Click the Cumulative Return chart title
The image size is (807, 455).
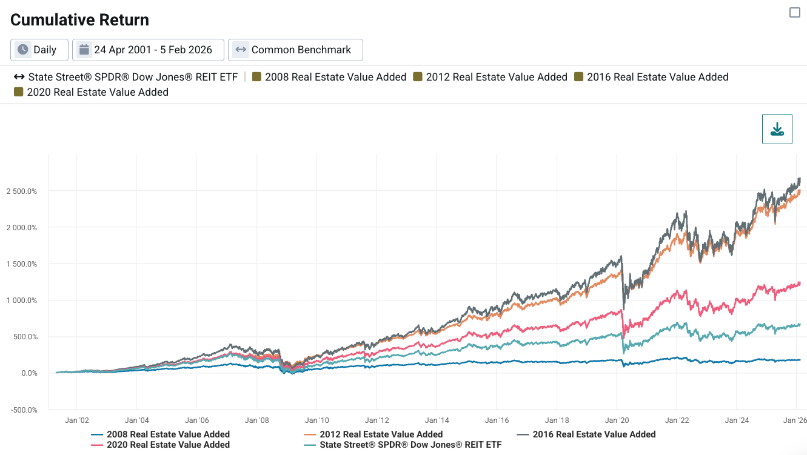click(x=79, y=20)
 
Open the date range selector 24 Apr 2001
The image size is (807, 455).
click(x=148, y=50)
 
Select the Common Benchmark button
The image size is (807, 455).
click(x=295, y=50)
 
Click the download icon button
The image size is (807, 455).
click(x=777, y=129)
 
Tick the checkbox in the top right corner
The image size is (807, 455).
click(x=795, y=13)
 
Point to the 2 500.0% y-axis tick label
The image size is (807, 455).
click(x=22, y=191)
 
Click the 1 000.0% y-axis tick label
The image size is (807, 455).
click(x=22, y=301)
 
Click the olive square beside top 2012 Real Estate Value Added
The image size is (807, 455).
click(x=417, y=77)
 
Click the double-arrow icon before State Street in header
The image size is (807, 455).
click(x=19, y=77)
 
